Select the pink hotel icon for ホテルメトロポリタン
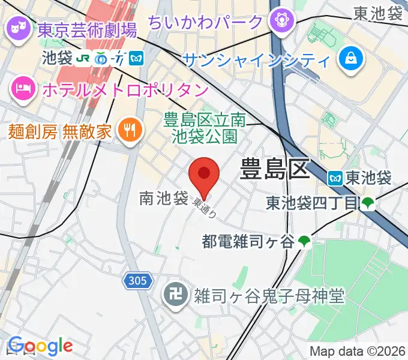pos(23,90)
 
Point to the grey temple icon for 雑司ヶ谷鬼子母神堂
pos(175,295)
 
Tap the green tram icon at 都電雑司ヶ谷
pos(304,242)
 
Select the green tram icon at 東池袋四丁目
pos(368,204)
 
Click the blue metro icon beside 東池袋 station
pos(335,178)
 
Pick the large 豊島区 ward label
pos(274,169)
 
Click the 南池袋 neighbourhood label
pos(163,198)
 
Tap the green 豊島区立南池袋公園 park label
pos(205,128)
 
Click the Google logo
pos(40,346)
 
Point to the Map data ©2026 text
pos(356,351)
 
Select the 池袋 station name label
pos(58,59)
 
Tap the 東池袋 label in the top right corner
pos(377,13)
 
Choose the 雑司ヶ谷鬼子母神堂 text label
pos(268,295)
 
